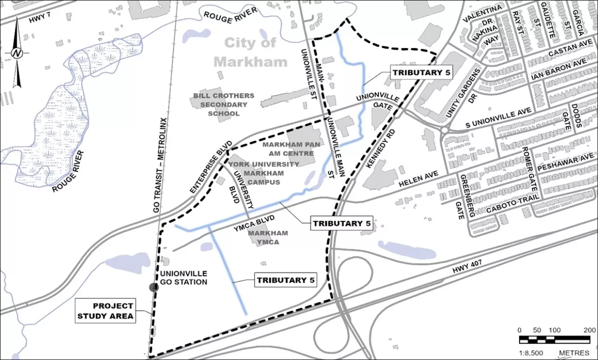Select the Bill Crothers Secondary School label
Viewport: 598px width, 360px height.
coord(224,105)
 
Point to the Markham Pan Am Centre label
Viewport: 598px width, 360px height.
coord(291,149)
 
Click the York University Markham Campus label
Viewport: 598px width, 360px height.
coord(263,173)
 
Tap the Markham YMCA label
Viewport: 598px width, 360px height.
coord(268,237)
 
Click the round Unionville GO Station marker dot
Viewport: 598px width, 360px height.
coord(154,287)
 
